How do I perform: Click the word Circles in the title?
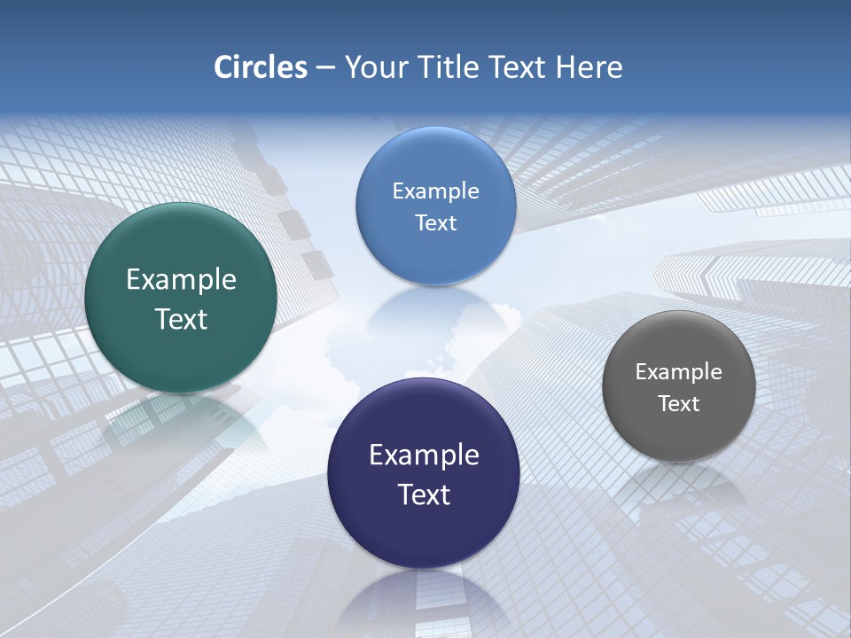click(261, 67)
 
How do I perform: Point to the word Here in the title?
click(589, 67)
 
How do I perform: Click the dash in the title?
click(325, 68)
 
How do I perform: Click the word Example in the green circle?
click(181, 280)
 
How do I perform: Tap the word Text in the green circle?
click(181, 319)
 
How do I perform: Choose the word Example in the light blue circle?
click(435, 191)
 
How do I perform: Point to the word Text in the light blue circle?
click(435, 222)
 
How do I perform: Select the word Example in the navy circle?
click(424, 455)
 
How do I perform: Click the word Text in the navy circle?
click(424, 494)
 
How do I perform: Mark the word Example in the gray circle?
click(678, 371)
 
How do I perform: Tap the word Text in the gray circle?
click(678, 403)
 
